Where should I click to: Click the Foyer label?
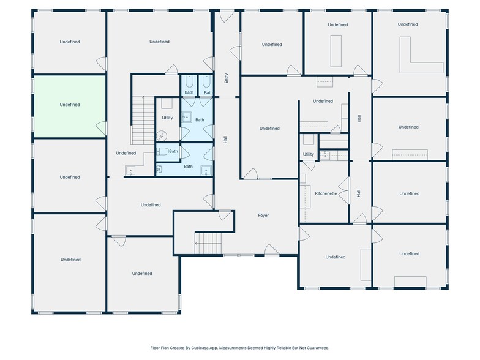[263, 216]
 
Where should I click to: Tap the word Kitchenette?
[326, 193]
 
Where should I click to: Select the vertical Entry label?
[227, 78]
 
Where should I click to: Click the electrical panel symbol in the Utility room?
[162, 136]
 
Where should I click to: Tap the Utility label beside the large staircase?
[167, 118]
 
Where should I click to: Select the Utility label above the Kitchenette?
[308, 154]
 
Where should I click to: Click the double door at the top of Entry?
[227, 16]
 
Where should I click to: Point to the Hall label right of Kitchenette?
[359, 193]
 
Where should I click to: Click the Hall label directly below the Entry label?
[226, 140]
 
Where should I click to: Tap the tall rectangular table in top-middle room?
[336, 51]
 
